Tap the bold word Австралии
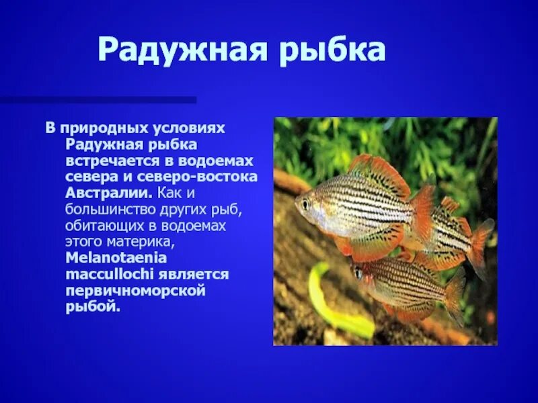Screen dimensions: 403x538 (108, 193)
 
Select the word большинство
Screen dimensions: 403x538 (109, 209)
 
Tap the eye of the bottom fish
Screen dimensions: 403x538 (358, 273)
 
